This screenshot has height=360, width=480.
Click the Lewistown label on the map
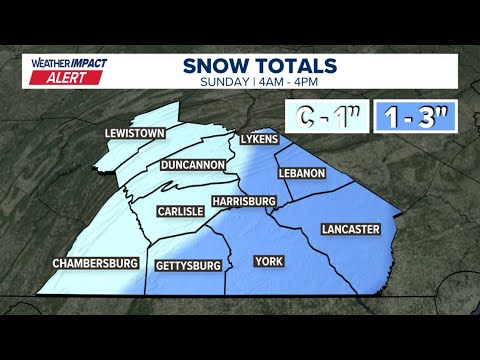click(x=134, y=133)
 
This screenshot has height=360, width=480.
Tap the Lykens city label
click(x=258, y=138)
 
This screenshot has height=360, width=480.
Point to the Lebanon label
click(x=303, y=173)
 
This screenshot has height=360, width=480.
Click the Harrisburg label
click(x=243, y=201)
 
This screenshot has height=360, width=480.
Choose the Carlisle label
click(x=181, y=211)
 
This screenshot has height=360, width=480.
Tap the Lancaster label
click(x=350, y=229)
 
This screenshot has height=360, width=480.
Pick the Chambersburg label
click(x=95, y=263)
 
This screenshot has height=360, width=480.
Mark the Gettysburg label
click(x=188, y=266)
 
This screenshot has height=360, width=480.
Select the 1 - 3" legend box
click(x=419, y=118)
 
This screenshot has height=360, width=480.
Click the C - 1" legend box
click(x=326, y=118)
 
